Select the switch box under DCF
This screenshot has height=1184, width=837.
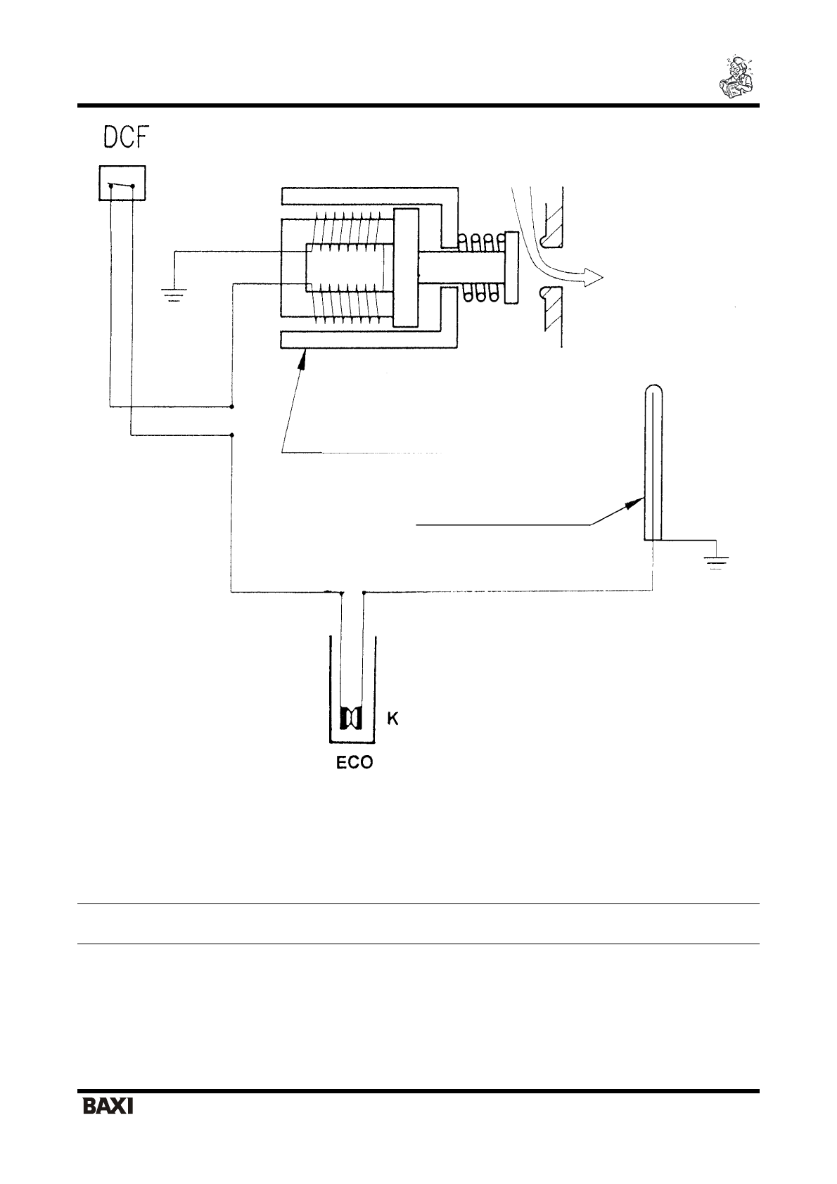point(122,183)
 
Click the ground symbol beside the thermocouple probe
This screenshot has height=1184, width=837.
point(717,562)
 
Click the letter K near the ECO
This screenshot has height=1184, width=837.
point(394,719)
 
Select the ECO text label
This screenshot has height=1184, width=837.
point(353,763)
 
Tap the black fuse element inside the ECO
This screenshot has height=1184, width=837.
point(351,719)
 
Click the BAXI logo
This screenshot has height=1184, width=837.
point(108,1126)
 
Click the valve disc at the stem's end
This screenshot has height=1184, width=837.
point(511,269)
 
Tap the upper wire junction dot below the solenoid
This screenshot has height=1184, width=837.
point(232,406)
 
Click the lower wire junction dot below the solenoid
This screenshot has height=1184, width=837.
point(232,435)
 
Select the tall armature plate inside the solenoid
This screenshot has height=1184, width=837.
point(406,268)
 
